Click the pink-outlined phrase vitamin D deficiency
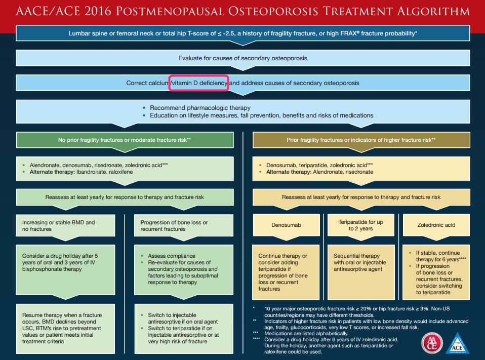(x=199, y=83)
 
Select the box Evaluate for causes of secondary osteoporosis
(x=242, y=58)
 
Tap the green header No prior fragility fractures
(x=125, y=139)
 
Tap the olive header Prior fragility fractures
(x=361, y=139)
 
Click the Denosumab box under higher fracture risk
(x=286, y=225)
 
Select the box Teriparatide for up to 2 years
(x=361, y=225)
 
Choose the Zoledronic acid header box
(x=435, y=225)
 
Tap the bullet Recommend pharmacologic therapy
(x=200, y=108)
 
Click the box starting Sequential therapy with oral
(x=361, y=262)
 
